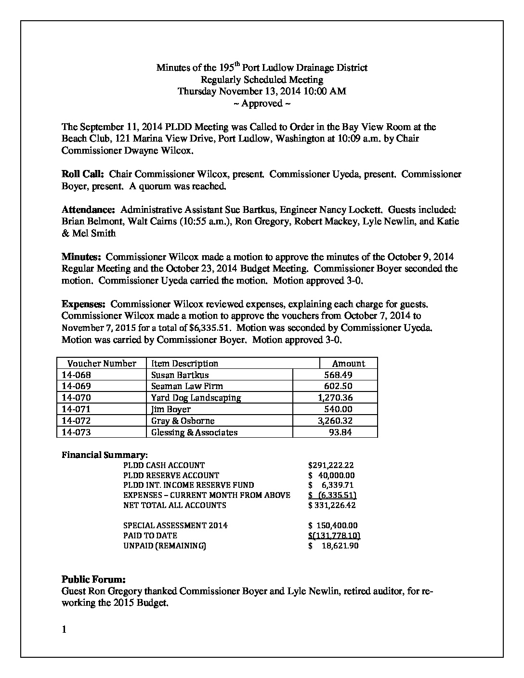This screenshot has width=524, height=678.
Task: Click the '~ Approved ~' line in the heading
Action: tap(262, 104)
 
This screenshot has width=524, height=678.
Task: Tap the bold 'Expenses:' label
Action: tap(83, 304)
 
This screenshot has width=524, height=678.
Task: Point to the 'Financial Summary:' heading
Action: tap(105, 455)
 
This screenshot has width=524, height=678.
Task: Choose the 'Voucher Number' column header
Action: tap(102, 364)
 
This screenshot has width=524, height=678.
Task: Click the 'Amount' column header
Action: tap(349, 364)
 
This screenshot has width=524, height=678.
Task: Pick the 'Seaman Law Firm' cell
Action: tap(187, 386)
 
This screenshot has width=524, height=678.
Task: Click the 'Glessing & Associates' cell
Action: tap(194, 432)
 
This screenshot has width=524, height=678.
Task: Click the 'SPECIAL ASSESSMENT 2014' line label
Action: tap(175, 526)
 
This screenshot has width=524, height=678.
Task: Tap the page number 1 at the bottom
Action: tap(64, 629)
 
